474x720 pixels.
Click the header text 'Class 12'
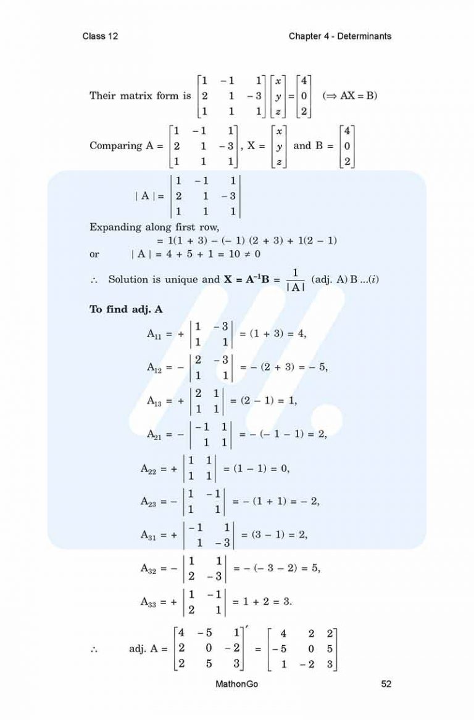(100, 36)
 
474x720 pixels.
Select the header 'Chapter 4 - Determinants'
(339, 36)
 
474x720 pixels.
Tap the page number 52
(386, 684)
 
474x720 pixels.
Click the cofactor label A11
(155, 334)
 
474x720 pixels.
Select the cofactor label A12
(155, 368)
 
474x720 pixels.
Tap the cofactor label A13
(155, 401)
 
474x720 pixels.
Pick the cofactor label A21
(155, 435)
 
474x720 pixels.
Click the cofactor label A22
(149, 468)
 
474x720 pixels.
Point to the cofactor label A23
(149, 502)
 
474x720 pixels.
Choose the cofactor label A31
(149, 536)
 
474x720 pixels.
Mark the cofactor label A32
(149, 569)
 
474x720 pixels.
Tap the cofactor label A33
(149, 602)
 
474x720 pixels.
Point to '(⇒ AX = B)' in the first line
(350, 96)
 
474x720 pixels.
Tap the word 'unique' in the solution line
(183, 279)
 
